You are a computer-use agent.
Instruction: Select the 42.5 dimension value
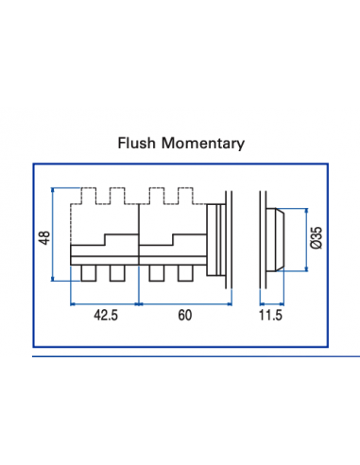(x=105, y=316)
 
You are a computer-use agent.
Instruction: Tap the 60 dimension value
(x=183, y=316)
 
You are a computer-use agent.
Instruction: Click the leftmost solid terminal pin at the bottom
(x=88, y=273)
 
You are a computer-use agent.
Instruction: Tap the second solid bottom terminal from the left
(x=118, y=273)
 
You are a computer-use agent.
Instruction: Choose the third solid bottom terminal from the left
(x=157, y=273)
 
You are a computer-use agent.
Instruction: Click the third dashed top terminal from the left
(x=158, y=197)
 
